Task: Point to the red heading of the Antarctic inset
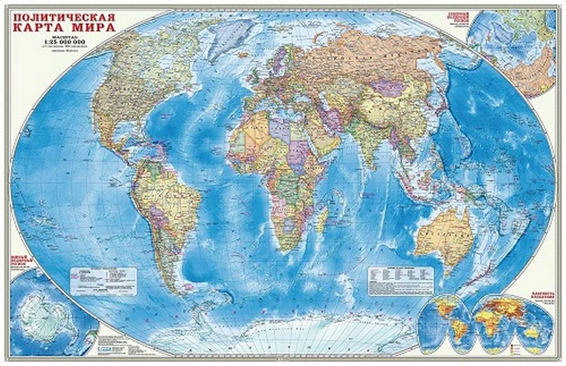tap(22, 260)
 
